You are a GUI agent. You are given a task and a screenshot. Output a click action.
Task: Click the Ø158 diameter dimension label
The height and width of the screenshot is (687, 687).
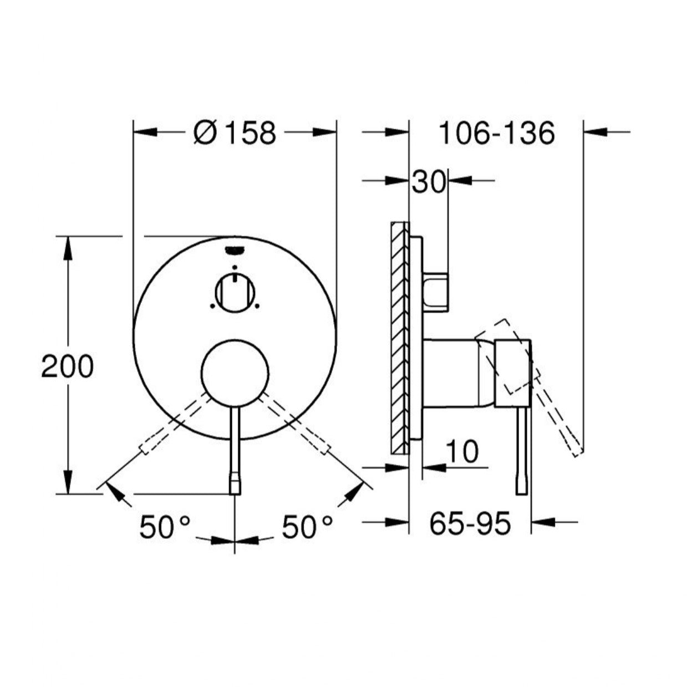click(x=235, y=133)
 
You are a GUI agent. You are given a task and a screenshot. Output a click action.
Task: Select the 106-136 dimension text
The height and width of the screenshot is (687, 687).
click(x=496, y=133)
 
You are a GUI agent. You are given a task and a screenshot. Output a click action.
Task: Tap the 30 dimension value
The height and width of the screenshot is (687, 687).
click(x=428, y=182)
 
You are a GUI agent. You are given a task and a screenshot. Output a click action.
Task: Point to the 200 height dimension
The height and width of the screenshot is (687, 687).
click(x=68, y=367)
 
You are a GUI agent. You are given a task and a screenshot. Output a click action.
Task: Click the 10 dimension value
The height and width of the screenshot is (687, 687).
click(x=461, y=452)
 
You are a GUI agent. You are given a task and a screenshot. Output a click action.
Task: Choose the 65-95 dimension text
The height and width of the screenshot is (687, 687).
click(x=470, y=523)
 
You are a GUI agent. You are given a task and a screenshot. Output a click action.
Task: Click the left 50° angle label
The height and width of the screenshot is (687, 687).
click(x=165, y=527)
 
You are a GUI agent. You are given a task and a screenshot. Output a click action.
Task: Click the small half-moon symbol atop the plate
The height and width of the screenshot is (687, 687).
click(x=235, y=250)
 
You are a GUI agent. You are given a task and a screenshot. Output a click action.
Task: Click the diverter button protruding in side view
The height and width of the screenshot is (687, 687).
click(x=437, y=292)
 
